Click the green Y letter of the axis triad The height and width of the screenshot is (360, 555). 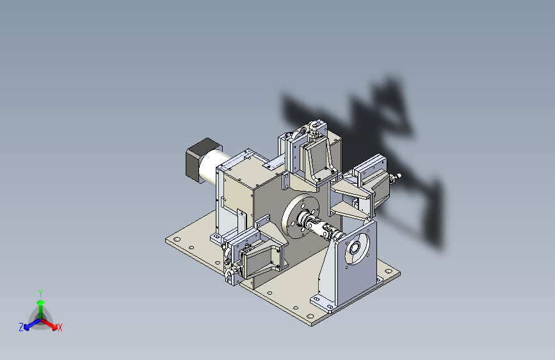pyautogui.click(x=40, y=291)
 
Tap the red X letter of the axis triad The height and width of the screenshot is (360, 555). pyautogui.click(x=60, y=327)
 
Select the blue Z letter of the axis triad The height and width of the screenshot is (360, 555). pyautogui.click(x=21, y=327)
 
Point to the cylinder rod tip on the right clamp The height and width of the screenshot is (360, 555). pyautogui.click(x=398, y=175)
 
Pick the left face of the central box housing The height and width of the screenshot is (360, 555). pyautogui.click(x=237, y=192)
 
